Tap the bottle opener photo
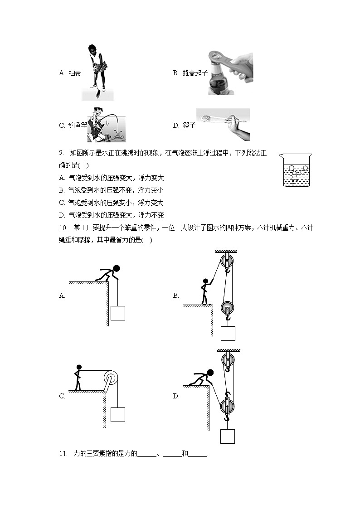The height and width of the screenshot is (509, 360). pos(230,73)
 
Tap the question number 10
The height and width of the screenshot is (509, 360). pos(63,228)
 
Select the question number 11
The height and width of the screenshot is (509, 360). pos(63,453)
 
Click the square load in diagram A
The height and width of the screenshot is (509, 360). pos(117,313)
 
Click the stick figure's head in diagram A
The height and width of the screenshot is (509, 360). pos(117,268)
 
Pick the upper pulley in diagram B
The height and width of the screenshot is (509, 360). pos(228,262)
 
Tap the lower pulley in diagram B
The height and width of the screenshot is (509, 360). pos(228,308)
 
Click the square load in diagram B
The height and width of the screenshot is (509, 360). pos(228,333)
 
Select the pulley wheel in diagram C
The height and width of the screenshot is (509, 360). pos(110,378)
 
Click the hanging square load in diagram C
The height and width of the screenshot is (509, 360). pos(117,414)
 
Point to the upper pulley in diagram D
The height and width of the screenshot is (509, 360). pos(228,361)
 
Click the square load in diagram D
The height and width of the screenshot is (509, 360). pos(228,436)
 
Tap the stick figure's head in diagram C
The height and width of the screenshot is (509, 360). pos(79,368)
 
